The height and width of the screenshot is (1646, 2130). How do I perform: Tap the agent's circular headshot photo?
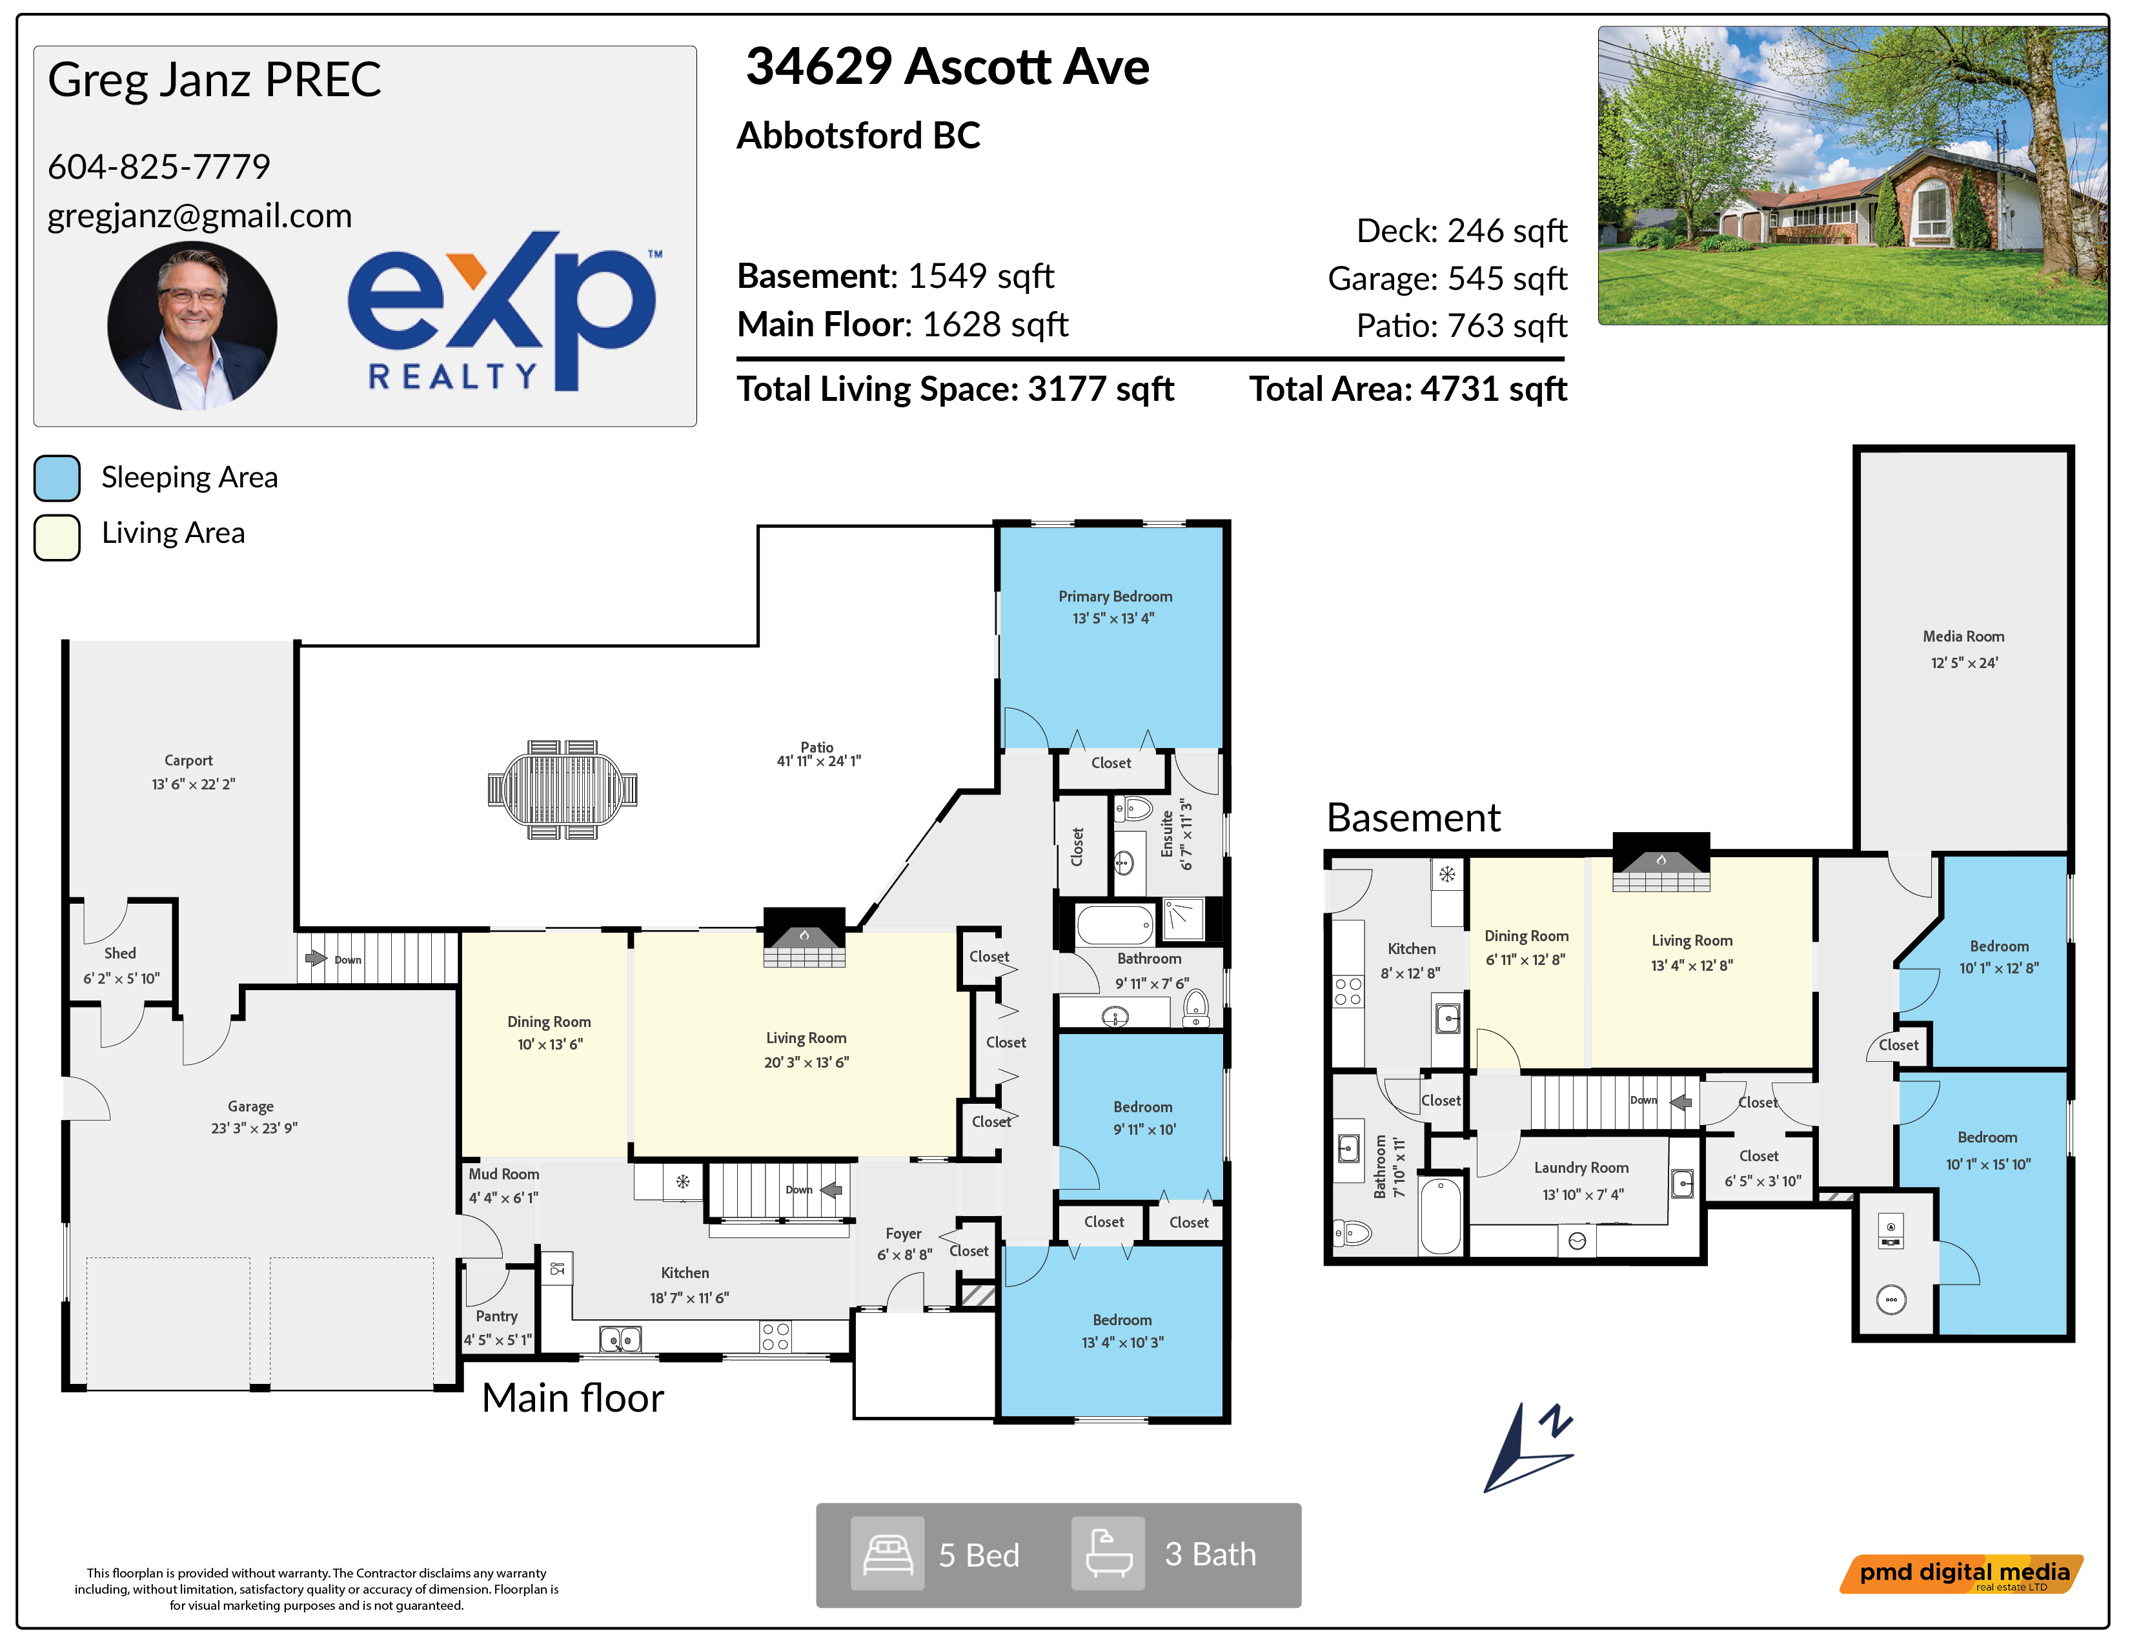point(192,327)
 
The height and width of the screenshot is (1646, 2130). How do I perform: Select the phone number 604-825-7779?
point(159,167)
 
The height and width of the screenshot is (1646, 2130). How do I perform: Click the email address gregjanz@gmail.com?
point(200,216)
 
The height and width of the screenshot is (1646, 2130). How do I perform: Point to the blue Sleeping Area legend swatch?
point(57,478)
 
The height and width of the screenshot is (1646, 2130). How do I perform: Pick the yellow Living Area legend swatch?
point(57,537)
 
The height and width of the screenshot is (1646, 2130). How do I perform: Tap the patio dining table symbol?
point(563,790)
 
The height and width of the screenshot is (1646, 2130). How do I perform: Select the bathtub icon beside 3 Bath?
point(1108,1554)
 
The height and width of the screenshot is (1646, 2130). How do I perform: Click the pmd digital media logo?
point(1962,1574)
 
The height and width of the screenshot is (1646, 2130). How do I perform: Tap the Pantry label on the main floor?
point(496,1316)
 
